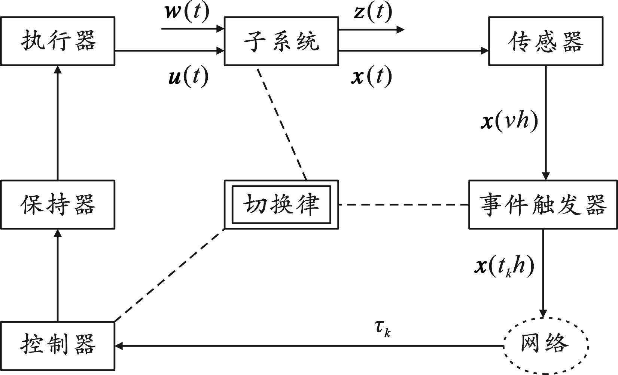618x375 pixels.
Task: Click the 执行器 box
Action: click(58, 41)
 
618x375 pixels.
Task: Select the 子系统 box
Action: click(281, 41)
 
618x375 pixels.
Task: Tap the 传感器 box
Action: click(545, 41)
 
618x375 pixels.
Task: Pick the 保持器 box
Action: click(58, 205)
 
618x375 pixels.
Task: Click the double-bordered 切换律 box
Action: click(281, 205)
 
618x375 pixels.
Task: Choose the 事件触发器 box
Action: click(543, 205)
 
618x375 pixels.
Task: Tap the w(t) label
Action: click(187, 12)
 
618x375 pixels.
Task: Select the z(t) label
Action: click(373, 12)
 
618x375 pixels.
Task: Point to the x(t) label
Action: click(372, 77)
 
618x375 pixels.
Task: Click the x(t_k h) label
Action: click(504, 266)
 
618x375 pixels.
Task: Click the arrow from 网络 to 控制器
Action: click(307, 346)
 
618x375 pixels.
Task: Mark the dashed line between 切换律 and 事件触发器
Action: click(404, 205)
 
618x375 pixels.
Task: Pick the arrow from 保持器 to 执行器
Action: click(58, 123)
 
